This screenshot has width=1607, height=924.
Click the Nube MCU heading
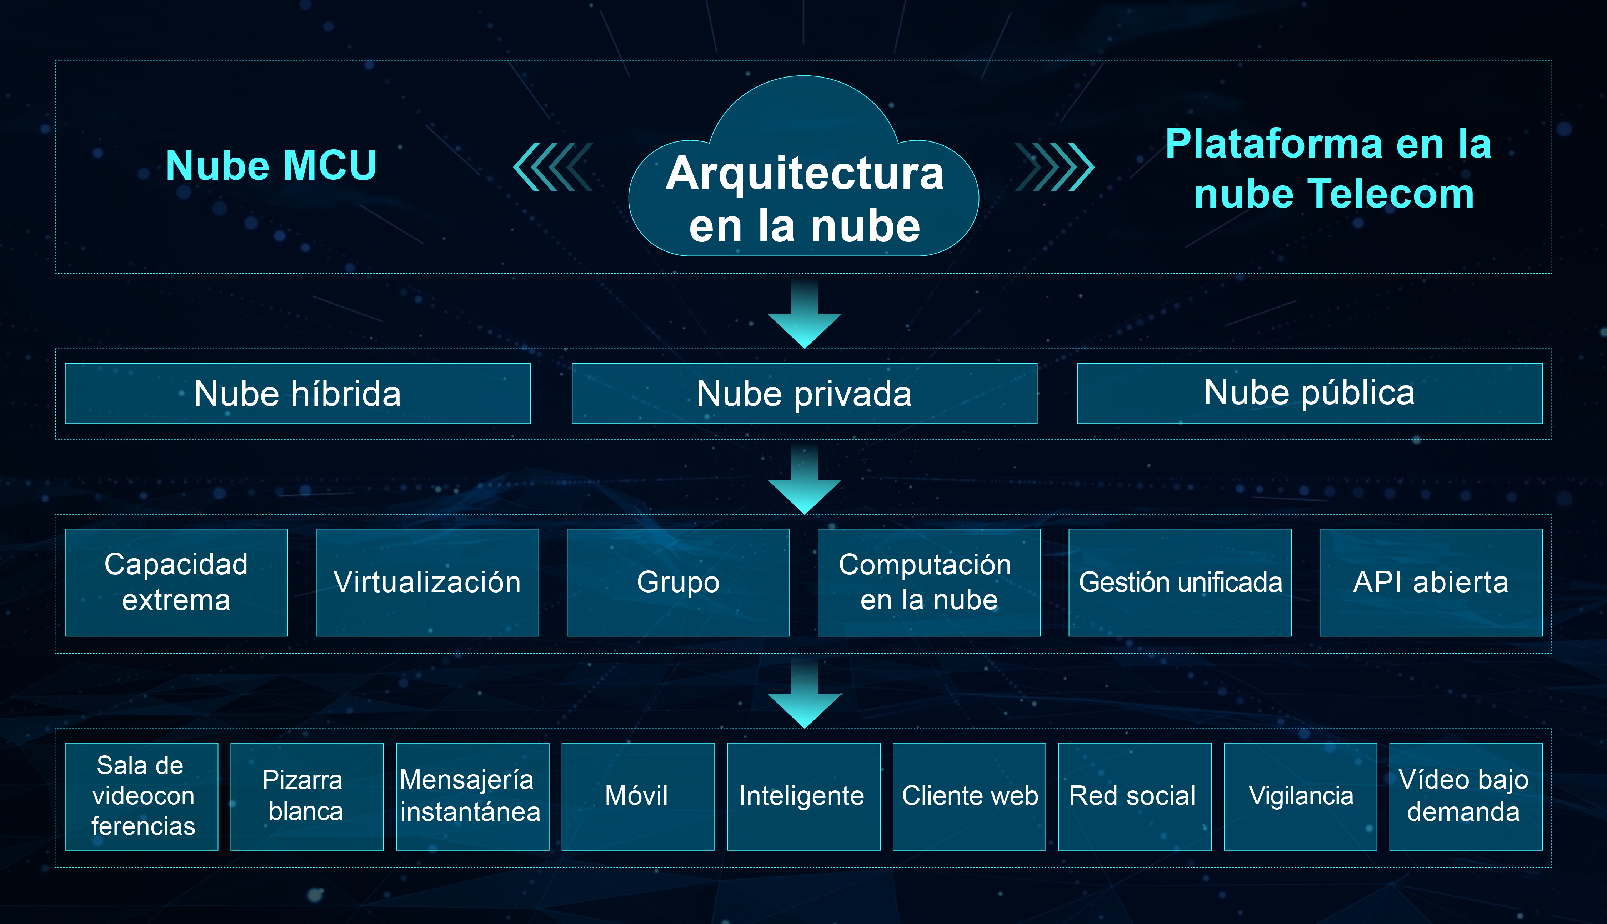point(271,166)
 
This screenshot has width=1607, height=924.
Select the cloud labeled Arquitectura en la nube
point(804,166)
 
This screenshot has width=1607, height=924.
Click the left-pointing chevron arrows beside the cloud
point(552,167)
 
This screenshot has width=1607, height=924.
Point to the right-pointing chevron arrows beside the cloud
point(1055,167)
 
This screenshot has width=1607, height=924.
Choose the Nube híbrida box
point(297,394)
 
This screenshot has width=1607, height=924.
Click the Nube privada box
point(805,394)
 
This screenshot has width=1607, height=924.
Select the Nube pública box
point(1310,394)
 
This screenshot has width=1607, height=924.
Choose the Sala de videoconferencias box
point(141,796)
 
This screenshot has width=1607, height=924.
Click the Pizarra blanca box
point(307,796)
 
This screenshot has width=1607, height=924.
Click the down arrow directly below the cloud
point(805,314)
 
